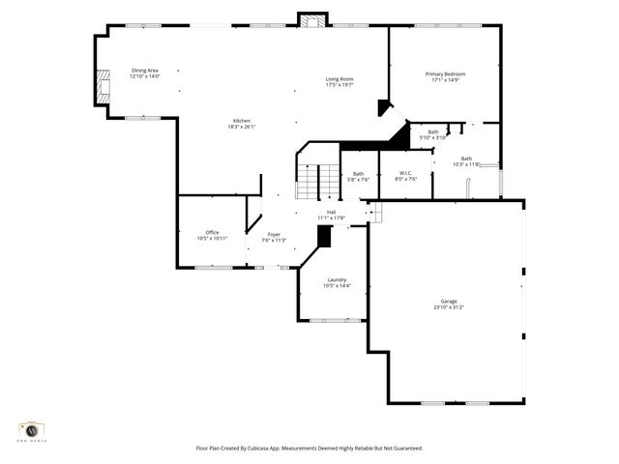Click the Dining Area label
tap(145, 71)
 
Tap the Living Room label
tap(339, 79)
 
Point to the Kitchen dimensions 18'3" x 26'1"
tap(241, 127)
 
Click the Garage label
tap(450, 302)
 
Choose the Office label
tap(212, 232)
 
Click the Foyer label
tap(274, 234)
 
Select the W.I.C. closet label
tap(406, 173)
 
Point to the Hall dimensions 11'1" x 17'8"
tap(331, 218)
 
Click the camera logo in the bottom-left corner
tap(31, 429)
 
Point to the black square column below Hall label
tap(324, 236)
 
